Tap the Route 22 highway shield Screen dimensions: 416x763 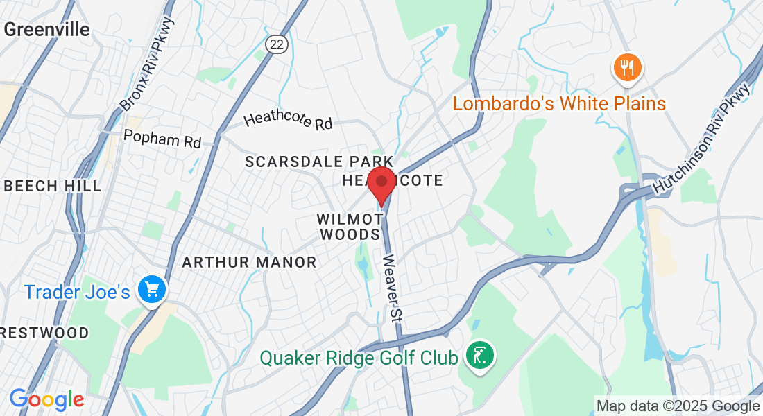point(275,44)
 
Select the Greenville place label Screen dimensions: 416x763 point(47,29)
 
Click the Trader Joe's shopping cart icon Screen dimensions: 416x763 point(151,290)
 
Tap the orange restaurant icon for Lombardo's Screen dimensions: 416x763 point(627,68)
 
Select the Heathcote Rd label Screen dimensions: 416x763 point(288,121)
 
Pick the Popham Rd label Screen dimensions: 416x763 point(162,137)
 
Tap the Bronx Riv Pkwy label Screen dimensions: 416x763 point(147,64)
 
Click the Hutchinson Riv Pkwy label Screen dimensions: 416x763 point(701,139)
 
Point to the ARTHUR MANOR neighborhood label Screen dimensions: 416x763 point(249,262)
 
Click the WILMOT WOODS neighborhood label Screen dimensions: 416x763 point(350,227)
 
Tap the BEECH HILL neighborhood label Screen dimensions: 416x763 point(52,186)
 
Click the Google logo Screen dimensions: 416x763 point(46,399)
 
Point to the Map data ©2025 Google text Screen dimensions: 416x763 point(678,406)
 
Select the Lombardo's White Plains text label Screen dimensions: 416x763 point(559,104)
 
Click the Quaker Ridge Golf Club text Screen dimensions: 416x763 point(359,358)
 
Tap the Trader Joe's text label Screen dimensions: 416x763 point(77,292)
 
